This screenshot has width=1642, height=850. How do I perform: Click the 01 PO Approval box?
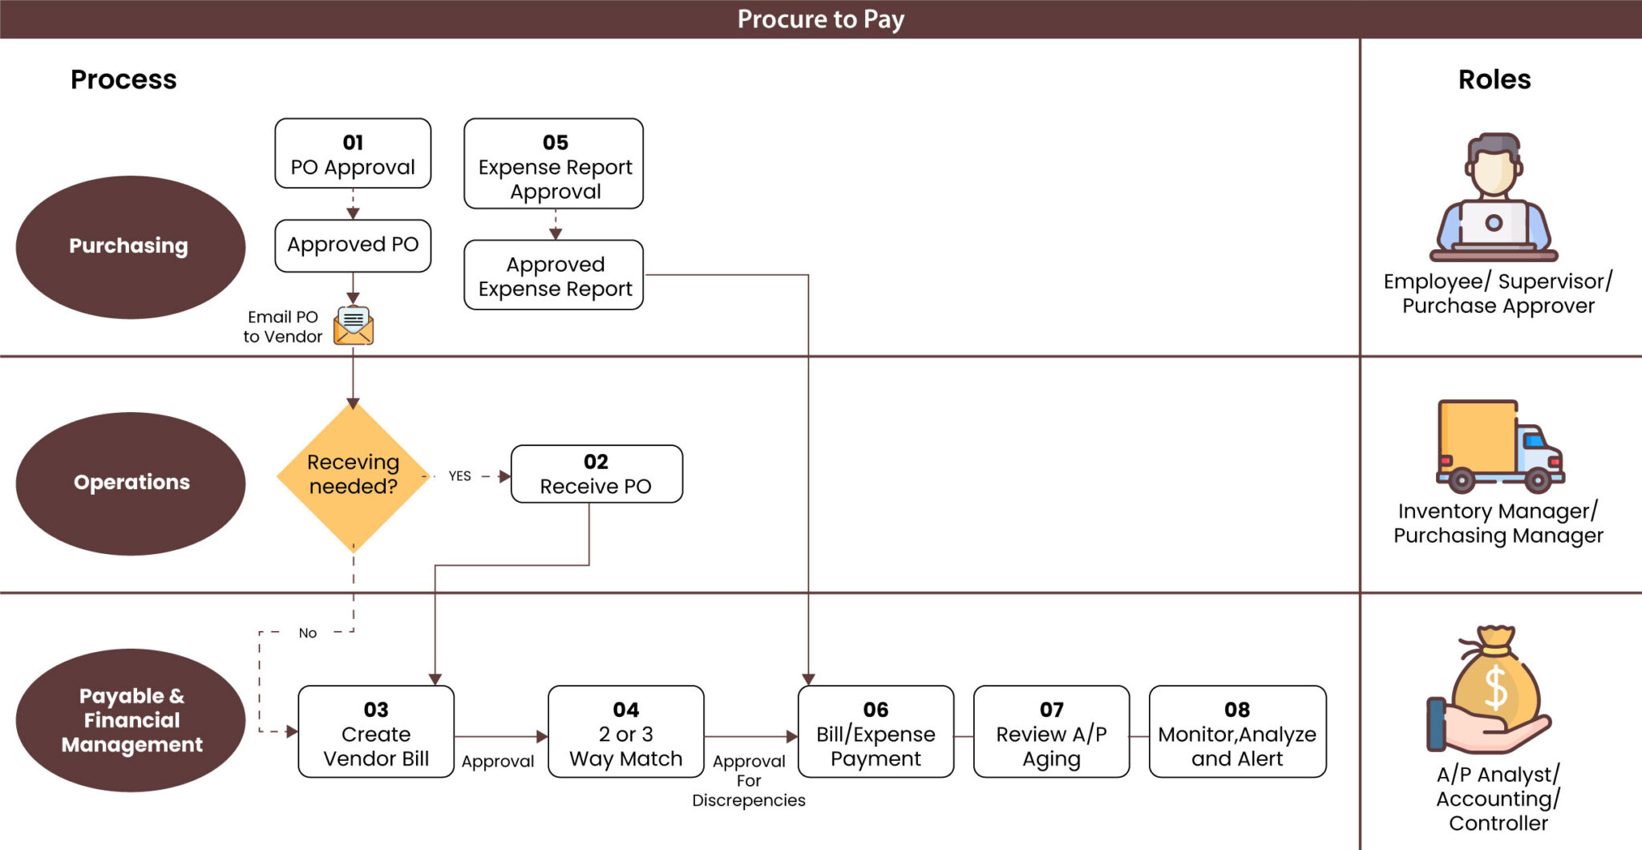(x=353, y=154)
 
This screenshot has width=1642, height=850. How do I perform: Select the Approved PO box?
(x=353, y=245)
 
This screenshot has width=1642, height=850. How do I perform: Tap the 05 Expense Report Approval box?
(x=554, y=164)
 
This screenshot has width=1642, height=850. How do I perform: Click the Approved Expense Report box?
(x=554, y=275)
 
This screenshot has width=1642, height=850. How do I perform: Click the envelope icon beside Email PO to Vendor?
(x=354, y=326)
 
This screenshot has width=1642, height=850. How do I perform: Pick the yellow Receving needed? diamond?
(x=353, y=476)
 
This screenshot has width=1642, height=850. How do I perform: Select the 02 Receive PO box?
(x=597, y=475)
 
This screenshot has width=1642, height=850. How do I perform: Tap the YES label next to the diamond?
(x=459, y=476)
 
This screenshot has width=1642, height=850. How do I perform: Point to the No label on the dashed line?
(x=308, y=633)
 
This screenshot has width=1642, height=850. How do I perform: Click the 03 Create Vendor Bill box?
(x=376, y=732)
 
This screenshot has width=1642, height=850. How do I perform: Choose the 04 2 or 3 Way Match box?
(x=626, y=732)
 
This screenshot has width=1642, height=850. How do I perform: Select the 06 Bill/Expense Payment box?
(x=876, y=732)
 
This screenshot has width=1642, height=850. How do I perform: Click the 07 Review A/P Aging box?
(x=1051, y=732)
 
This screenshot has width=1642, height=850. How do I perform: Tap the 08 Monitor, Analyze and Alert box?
(x=1237, y=732)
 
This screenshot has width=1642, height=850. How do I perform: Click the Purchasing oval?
(x=130, y=247)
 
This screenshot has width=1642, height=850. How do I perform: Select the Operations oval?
(x=130, y=484)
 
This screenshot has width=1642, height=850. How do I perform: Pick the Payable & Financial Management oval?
(x=130, y=720)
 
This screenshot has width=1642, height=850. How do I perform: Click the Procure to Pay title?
(x=820, y=19)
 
